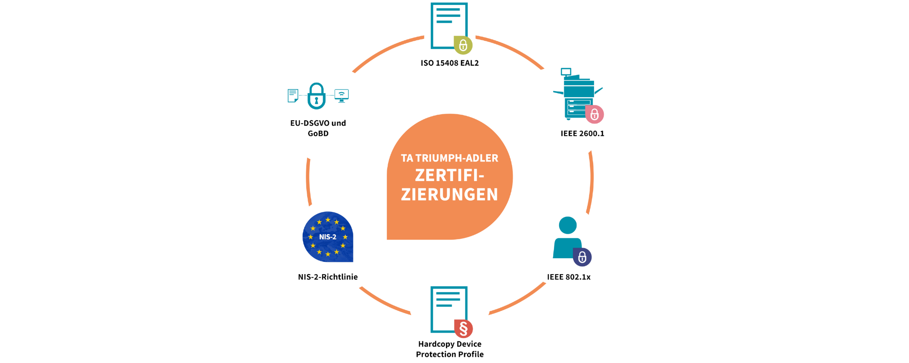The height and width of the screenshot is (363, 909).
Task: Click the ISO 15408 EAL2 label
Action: click(x=450, y=63)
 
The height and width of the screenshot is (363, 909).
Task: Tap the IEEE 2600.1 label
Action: click(x=582, y=133)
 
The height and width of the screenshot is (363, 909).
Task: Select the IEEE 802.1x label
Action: click(x=569, y=277)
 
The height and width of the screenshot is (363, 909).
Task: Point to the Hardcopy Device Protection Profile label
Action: click(x=450, y=349)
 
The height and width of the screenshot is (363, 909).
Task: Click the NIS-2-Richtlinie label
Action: click(x=328, y=277)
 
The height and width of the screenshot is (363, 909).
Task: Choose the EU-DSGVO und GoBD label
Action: click(x=318, y=128)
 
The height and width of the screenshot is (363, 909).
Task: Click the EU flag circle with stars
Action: click(x=328, y=236)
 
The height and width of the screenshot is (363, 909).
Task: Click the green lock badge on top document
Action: click(x=463, y=45)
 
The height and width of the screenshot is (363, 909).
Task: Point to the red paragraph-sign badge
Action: click(x=464, y=328)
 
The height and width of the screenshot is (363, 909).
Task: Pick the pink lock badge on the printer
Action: click(x=594, y=114)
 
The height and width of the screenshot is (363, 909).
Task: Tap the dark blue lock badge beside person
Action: click(x=582, y=257)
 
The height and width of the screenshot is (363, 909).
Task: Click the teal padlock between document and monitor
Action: click(x=316, y=96)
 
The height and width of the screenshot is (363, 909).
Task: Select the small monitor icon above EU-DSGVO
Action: click(x=341, y=95)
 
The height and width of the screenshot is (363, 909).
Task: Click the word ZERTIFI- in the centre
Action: click(x=449, y=175)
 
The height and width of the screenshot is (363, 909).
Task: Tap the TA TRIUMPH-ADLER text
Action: click(x=450, y=158)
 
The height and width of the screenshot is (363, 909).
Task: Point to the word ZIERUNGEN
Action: click(x=450, y=194)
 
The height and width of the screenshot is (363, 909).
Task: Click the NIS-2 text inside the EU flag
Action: click(x=328, y=237)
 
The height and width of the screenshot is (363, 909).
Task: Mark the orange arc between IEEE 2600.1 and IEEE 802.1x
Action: click(x=591, y=182)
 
